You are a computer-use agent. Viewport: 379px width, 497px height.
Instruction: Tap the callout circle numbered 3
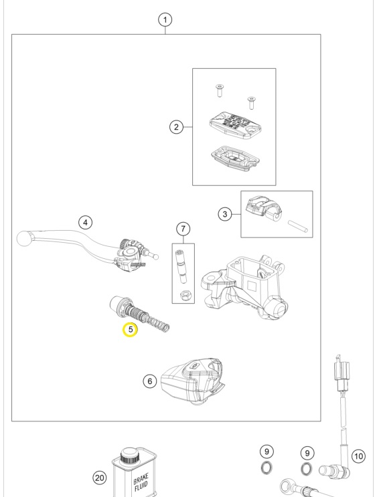pos(226,214)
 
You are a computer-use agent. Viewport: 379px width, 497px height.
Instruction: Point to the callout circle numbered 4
pos(84,221)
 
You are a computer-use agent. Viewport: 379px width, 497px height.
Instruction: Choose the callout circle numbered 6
pos(149,381)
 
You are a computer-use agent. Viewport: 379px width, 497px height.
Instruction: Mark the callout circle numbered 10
pos(358,456)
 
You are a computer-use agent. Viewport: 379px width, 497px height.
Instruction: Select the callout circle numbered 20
pos(100,478)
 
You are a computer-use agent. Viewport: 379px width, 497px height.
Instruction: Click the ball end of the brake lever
pos(25,237)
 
